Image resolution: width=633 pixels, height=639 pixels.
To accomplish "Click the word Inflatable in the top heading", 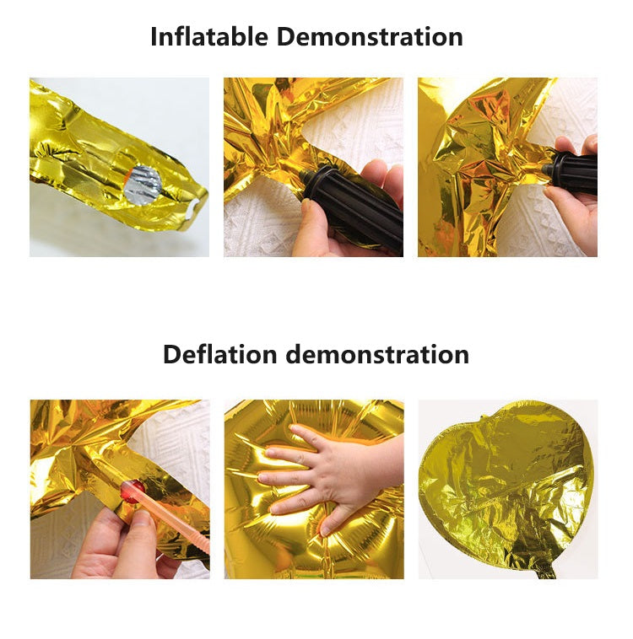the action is (209, 37).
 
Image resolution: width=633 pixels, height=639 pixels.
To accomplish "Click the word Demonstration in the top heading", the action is (370, 37).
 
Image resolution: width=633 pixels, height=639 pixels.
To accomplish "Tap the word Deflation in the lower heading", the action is (220, 354).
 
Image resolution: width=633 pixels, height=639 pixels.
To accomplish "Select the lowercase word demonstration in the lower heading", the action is (377, 354).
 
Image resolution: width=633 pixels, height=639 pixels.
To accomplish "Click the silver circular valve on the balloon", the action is (143, 185).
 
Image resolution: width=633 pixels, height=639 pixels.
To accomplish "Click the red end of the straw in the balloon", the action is (133, 491).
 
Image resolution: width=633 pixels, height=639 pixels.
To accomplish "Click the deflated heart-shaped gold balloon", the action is (506, 485).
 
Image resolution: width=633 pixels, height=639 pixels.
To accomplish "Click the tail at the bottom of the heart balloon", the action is (546, 571).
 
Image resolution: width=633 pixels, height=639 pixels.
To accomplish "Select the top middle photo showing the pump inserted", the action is (313, 167).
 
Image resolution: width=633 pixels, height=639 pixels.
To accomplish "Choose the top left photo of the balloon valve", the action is (119, 167).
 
